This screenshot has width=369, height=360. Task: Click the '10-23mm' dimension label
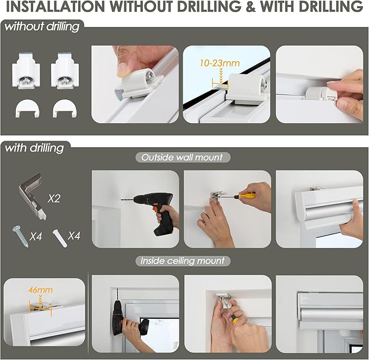[x=220, y=63]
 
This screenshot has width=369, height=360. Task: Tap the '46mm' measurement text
[x=40, y=290]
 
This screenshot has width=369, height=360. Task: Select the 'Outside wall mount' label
[x=182, y=157]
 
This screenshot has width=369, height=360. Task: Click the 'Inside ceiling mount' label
[x=183, y=261]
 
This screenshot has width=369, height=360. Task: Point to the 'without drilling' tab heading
[x=42, y=27]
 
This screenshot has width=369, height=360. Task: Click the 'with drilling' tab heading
[x=34, y=148]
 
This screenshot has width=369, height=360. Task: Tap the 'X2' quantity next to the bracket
[x=54, y=198]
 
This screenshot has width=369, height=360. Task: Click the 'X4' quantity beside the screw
[x=36, y=236]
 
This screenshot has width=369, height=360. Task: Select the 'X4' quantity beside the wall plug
[x=74, y=236]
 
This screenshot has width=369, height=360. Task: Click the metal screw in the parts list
[x=20, y=236]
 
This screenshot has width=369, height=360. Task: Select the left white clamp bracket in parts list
[x=26, y=71]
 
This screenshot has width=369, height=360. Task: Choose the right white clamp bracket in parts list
[x=65, y=71]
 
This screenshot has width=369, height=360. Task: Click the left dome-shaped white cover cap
[x=28, y=109]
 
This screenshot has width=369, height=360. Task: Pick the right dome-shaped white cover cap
[x=65, y=109]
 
